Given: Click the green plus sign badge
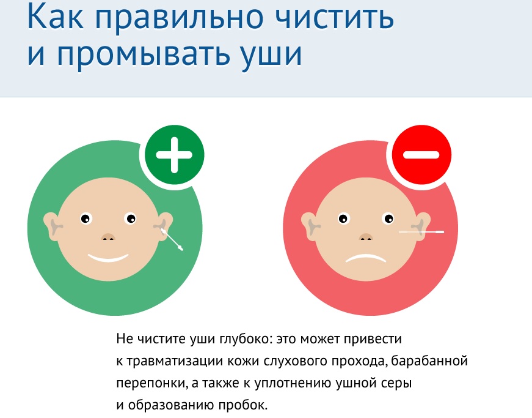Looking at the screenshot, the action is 175,155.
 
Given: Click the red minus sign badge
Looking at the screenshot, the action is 421,155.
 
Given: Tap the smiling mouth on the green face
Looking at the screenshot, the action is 108,258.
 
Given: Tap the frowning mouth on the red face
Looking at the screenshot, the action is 365,259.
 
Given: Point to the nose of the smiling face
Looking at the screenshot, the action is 108,237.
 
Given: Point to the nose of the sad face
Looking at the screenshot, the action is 366,237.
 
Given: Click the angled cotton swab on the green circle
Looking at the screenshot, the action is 172,239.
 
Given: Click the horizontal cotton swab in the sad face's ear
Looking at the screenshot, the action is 421,232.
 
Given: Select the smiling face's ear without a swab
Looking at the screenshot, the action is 52,226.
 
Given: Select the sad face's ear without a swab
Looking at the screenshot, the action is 310,226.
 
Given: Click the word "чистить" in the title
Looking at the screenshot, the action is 334,17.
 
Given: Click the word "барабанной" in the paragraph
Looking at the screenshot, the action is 429,360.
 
